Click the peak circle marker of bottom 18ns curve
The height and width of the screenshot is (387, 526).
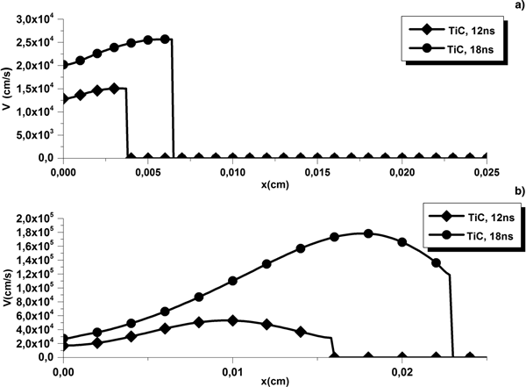(x=368, y=233)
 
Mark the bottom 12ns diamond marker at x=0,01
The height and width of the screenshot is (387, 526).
(x=232, y=320)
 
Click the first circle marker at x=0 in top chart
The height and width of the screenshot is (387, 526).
(x=63, y=65)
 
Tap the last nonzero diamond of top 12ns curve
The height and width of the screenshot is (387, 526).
(x=114, y=89)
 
